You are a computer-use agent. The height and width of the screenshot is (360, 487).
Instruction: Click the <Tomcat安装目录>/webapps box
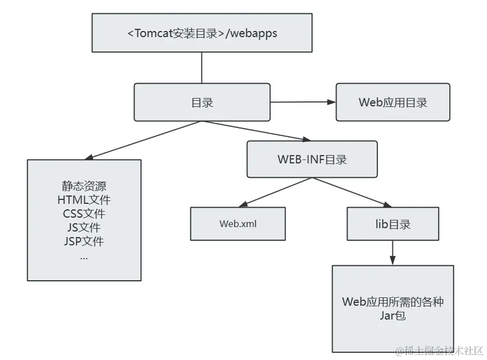[201, 34]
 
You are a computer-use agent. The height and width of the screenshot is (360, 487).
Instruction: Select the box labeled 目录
[202, 102]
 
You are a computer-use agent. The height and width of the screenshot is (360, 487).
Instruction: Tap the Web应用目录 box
[393, 102]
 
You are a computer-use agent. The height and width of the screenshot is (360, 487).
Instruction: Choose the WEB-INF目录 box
[312, 160]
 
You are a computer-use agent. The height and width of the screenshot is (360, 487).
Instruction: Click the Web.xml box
[238, 224]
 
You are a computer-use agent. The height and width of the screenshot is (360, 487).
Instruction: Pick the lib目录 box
[393, 224]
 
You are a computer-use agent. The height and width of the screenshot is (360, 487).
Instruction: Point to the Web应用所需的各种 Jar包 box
[393, 308]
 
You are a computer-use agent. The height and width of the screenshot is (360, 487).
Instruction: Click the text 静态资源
[84, 186]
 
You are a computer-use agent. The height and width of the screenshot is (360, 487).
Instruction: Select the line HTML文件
[84, 200]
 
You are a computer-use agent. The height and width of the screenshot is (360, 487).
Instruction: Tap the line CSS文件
[84, 214]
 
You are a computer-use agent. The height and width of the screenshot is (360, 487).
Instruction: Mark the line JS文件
[84, 228]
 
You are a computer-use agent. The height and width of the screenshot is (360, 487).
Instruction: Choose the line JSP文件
[84, 241]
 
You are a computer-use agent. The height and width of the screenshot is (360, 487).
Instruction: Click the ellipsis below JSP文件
[84, 257]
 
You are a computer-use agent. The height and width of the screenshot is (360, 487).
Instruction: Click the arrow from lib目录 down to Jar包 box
[393, 253]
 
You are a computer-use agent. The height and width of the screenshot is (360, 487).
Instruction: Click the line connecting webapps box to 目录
[201, 68]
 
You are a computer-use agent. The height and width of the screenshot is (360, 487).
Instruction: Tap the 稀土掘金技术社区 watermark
[439, 350]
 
